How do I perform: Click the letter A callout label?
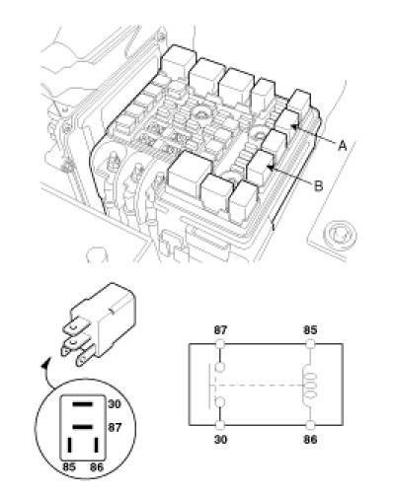[x=343, y=145]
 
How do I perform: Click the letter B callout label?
[x=318, y=186]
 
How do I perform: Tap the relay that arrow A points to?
[x=285, y=126]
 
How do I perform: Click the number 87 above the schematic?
[x=220, y=330]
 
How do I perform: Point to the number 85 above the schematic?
[x=310, y=330]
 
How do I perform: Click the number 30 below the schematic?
[x=220, y=440]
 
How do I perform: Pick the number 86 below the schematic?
[x=310, y=440]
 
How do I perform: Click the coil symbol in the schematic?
[x=310, y=385]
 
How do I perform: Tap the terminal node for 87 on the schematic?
[x=220, y=344]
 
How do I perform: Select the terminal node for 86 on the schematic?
[x=310, y=425]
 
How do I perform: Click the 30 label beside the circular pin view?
[x=115, y=404]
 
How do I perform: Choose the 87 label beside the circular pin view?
[x=115, y=427]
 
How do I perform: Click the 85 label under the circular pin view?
[x=69, y=467]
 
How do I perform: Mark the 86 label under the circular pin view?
[x=97, y=467]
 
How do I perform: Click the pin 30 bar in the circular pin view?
[x=82, y=404]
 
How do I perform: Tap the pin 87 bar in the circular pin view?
[x=82, y=427]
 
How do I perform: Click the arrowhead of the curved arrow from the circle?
[x=45, y=363]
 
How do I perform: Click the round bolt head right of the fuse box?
[x=340, y=235]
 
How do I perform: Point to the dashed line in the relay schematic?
[x=259, y=385]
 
